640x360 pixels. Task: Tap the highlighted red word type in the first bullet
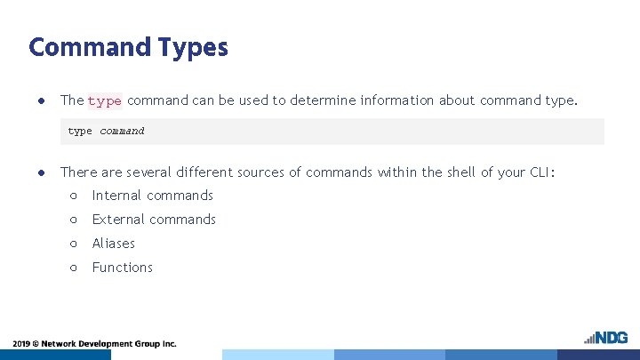(104, 100)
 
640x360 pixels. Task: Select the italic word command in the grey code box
(122, 132)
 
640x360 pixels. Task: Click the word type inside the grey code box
(80, 132)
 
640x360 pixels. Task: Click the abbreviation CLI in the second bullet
(538, 172)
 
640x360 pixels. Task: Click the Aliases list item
(114, 244)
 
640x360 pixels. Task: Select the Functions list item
(123, 268)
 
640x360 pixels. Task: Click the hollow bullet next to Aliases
(73, 244)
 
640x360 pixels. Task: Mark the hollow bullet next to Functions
(73, 268)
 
